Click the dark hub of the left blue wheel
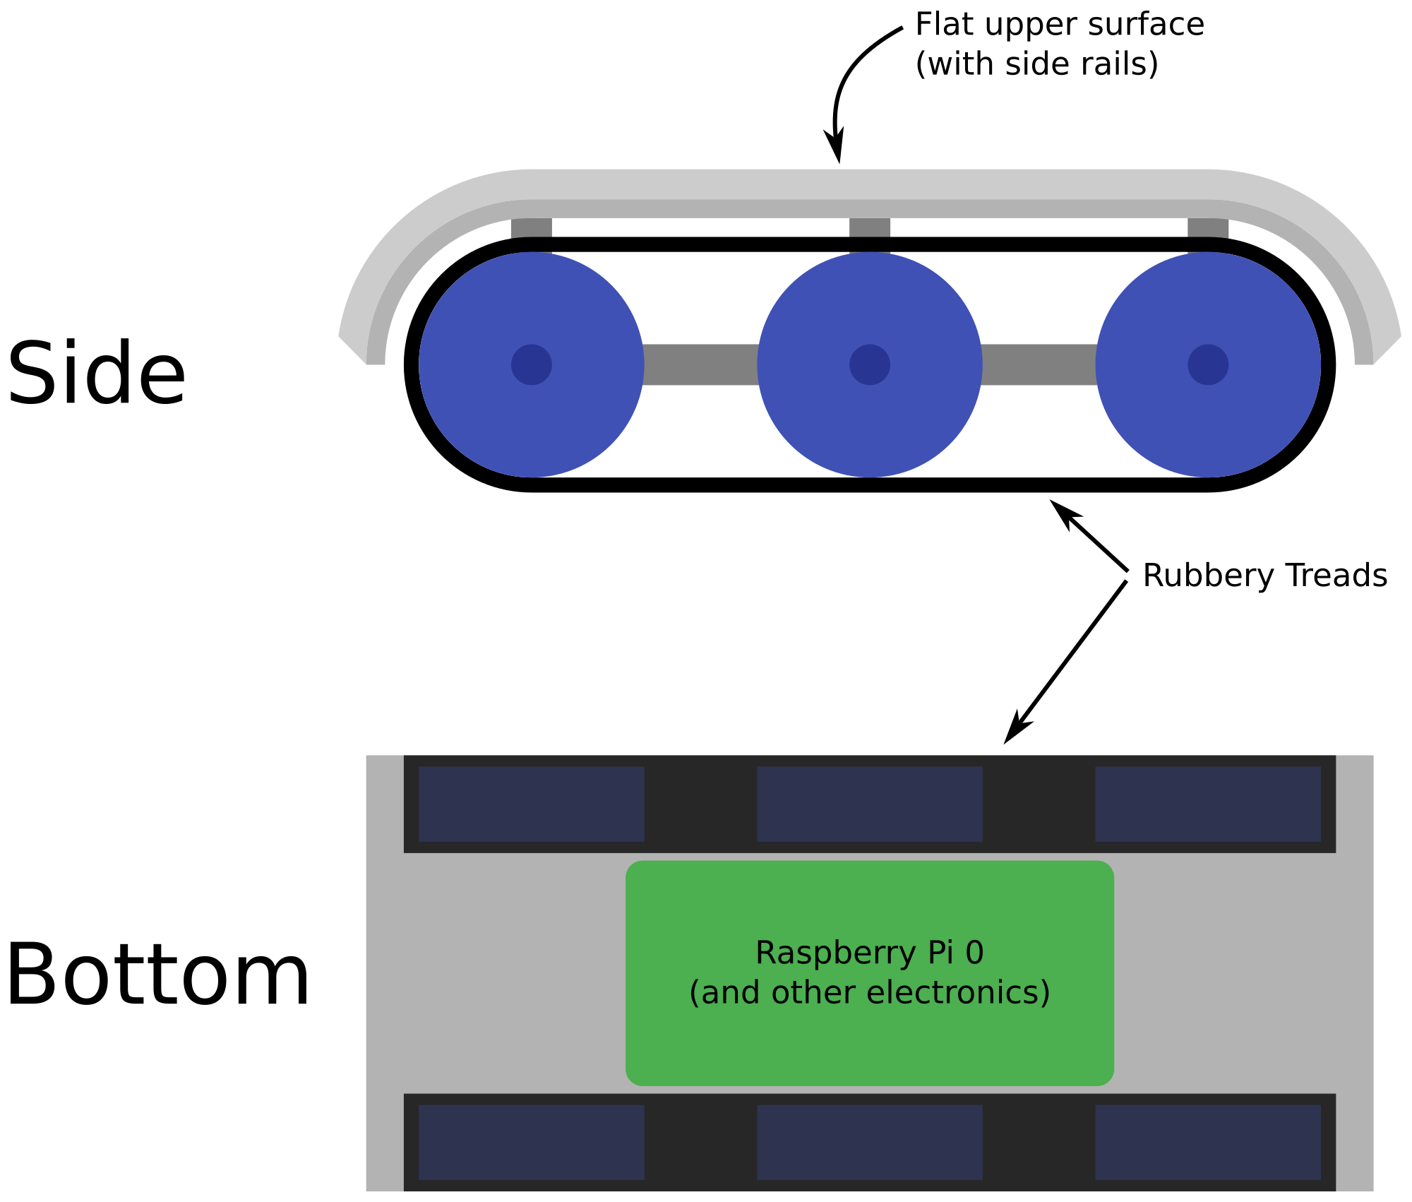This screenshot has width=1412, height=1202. point(531,364)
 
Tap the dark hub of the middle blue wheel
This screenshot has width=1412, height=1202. point(869,364)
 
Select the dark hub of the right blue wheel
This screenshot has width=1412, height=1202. point(1207,364)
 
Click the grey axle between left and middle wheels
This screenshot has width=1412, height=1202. point(700,364)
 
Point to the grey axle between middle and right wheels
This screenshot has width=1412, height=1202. point(1039,364)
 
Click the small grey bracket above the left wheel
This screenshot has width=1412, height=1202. point(531,227)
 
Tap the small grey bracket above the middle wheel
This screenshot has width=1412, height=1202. point(869,227)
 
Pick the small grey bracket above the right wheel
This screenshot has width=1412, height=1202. point(1207,227)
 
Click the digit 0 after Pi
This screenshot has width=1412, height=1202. point(974,953)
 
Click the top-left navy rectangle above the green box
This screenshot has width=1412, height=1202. point(531,804)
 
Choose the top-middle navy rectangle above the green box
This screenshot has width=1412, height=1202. point(869,804)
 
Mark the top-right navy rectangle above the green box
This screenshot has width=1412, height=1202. point(1207,804)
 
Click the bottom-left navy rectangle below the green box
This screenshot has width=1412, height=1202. point(531,1142)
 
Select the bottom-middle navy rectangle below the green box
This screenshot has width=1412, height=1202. point(869,1142)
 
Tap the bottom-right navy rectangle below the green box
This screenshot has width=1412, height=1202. point(1207,1142)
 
